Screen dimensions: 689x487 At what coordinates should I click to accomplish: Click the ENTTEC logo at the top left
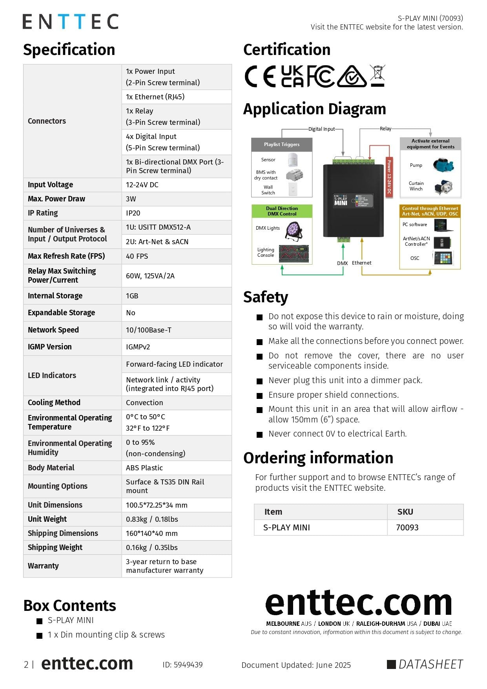[x=70, y=22]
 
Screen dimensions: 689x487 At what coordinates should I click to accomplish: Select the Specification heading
[x=69, y=50]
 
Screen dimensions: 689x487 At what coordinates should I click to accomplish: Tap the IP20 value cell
[x=133, y=213]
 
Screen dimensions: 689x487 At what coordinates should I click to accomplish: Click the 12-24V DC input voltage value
[x=142, y=185]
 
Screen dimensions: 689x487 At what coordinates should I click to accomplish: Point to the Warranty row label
[x=43, y=566]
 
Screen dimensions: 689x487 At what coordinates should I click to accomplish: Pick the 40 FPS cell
[x=137, y=256]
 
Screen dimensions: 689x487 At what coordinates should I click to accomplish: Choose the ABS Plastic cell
[x=144, y=468]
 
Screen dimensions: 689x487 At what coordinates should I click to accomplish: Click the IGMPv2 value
[x=138, y=347]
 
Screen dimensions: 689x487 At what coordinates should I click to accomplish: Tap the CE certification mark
[x=260, y=76]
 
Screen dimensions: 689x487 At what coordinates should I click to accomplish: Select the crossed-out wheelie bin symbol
[x=378, y=75]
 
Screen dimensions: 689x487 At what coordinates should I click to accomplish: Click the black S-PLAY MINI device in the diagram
[x=353, y=201]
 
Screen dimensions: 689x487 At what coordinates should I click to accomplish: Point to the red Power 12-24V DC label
[x=389, y=177]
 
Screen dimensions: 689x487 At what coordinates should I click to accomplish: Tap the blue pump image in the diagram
[x=443, y=165]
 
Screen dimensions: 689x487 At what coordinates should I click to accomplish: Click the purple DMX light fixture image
[x=294, y=230]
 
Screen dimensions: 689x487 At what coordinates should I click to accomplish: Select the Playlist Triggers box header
[x=282, y=144]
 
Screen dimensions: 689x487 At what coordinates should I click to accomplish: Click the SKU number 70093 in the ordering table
[x=407, y=528]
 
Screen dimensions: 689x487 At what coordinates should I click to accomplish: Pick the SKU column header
[x=405, y=512]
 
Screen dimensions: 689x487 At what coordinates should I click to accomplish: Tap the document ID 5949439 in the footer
[x=182, y=665]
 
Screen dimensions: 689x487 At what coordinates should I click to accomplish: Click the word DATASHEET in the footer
[x=430, y=664]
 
